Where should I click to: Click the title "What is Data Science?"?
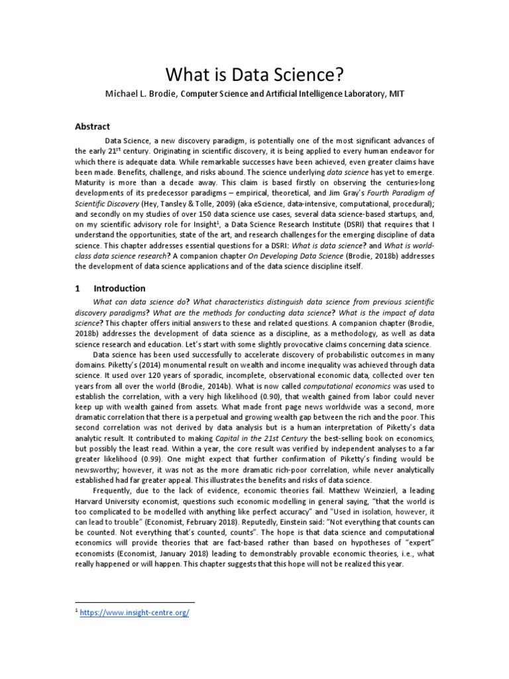(x=254, y=73)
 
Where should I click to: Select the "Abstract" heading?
(x=91, y=127)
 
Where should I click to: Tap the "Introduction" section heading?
(x=119, y=288)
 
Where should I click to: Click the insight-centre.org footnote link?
(x=135, y=613)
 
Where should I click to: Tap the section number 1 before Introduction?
(x=78, y=288)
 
